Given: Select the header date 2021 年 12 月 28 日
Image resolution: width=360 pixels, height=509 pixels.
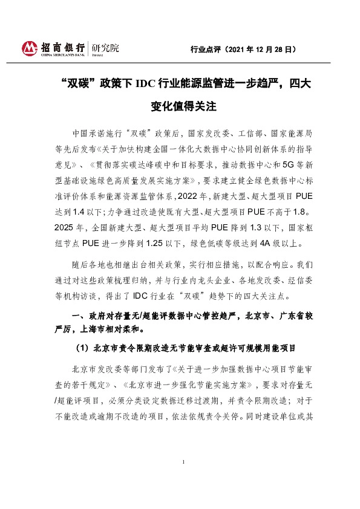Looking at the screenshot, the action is click(260, 49).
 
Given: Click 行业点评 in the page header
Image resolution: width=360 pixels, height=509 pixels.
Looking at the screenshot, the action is click(203, 49).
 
